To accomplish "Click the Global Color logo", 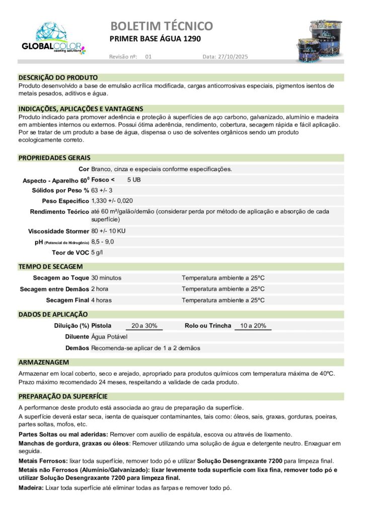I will (53, 38).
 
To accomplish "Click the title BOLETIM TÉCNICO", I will (161, 26).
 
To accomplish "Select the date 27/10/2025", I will (232, 57).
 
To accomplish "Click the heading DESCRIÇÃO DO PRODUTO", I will (58, 77).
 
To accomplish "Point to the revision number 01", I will (148, 57).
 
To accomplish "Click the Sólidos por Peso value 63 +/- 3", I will (102, 190).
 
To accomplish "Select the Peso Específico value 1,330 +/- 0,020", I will (112, 201).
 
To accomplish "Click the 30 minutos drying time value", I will (106, 278).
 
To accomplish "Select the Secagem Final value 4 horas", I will (101, 300).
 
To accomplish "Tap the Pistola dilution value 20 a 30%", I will (144, 325).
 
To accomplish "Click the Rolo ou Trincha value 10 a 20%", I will (253, 325).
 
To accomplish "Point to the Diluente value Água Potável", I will (109, 336).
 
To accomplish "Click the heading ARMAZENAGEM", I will (44, 362).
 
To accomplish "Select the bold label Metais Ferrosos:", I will (43, 461).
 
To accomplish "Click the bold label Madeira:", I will (31, 488).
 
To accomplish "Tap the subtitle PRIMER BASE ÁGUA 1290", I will (154, 39).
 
